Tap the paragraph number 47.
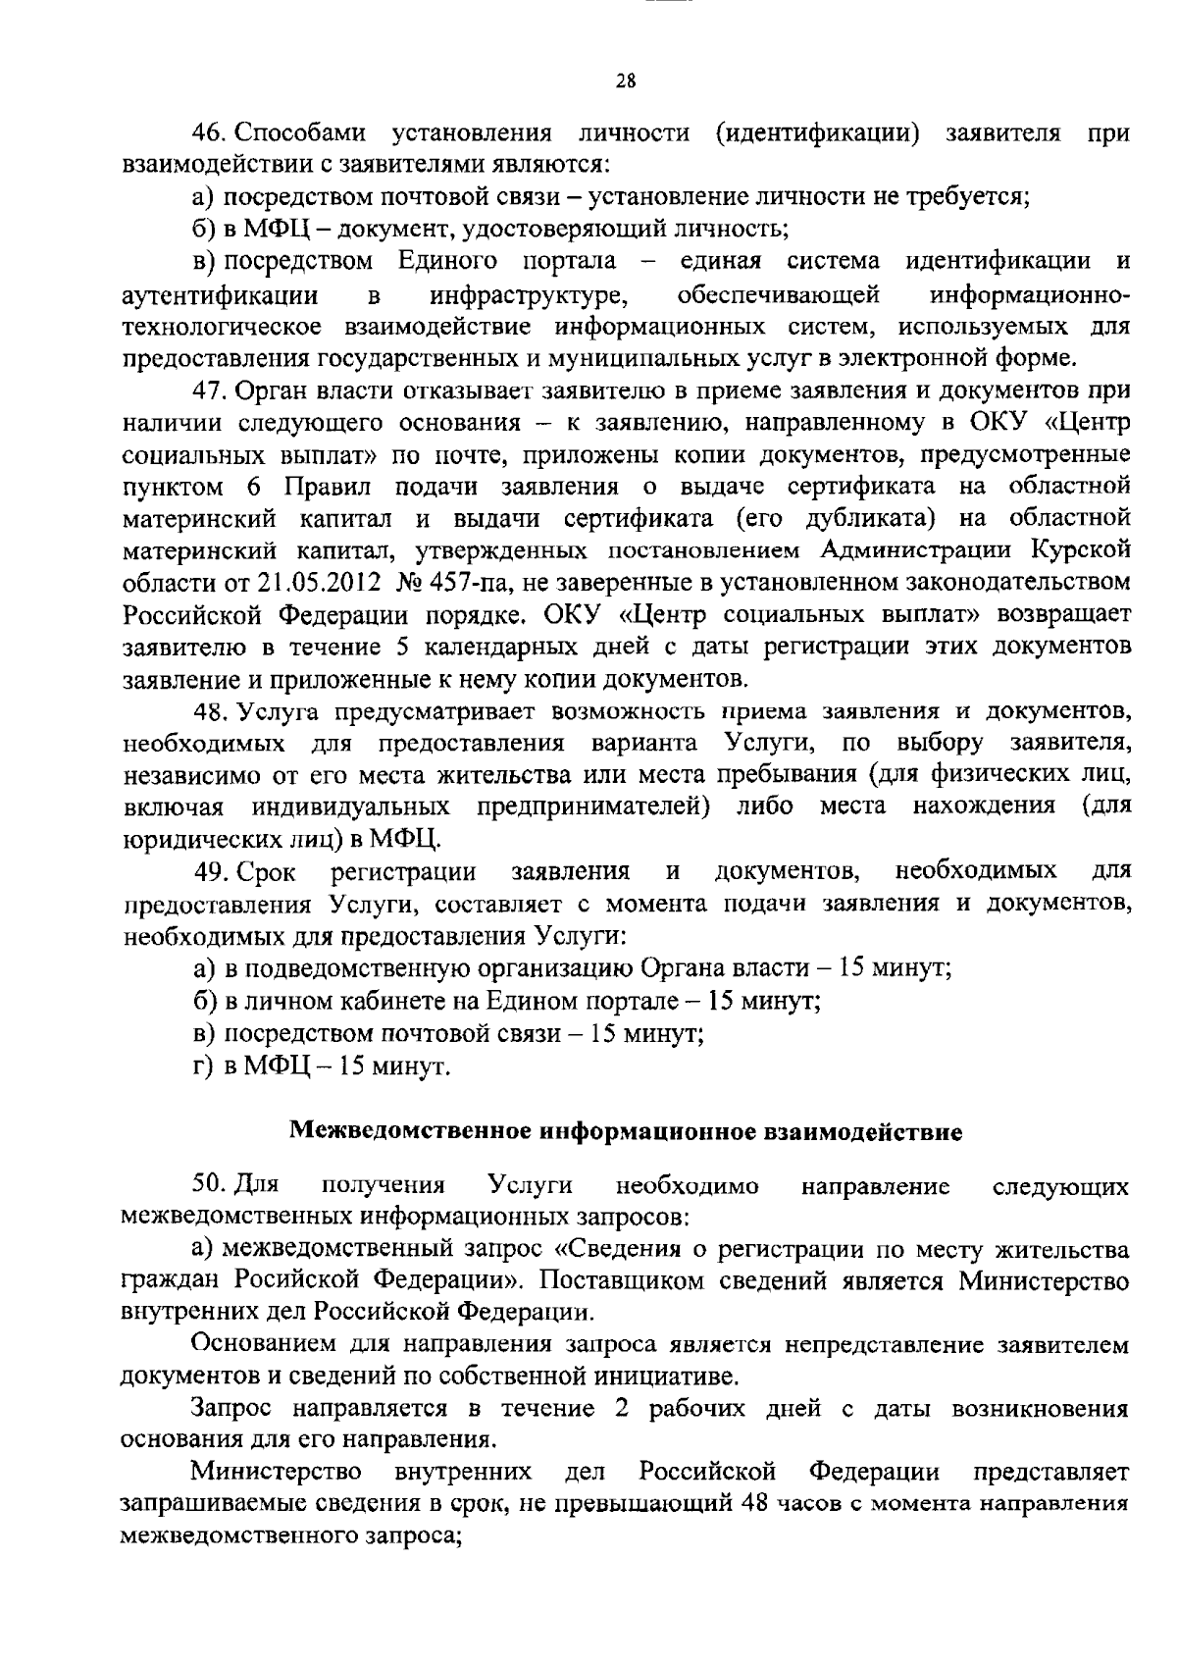(x=210, y=390)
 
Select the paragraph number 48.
(x=210, y=710)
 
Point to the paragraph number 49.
(x=210, y=871)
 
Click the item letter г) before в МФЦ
(x=203, y=1066)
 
